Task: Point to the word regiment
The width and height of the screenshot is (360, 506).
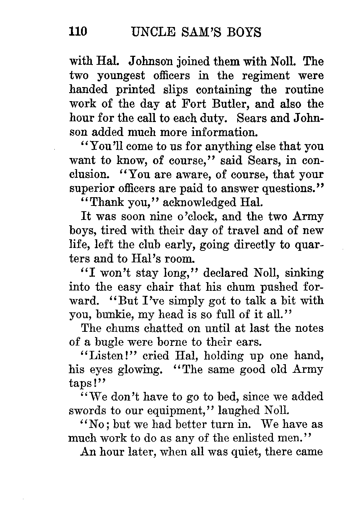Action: tap(265, 76)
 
